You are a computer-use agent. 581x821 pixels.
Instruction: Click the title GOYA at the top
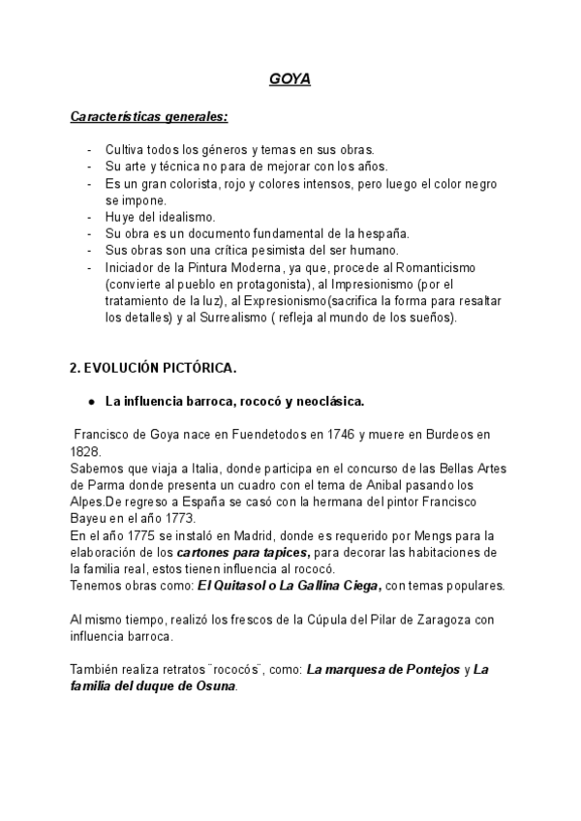pyautogui.click(x=290, y=79)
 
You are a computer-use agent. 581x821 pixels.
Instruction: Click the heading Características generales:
pyautogui.click(x=150, y=117)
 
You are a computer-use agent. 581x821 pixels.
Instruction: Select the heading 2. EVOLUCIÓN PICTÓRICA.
pyautogui.click(x=153, y=369)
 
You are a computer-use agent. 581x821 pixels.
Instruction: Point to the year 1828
pyautogui.click(x=85, y=451)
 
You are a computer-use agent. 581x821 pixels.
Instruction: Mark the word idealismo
pyautogui.click(x=184, y=217)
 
